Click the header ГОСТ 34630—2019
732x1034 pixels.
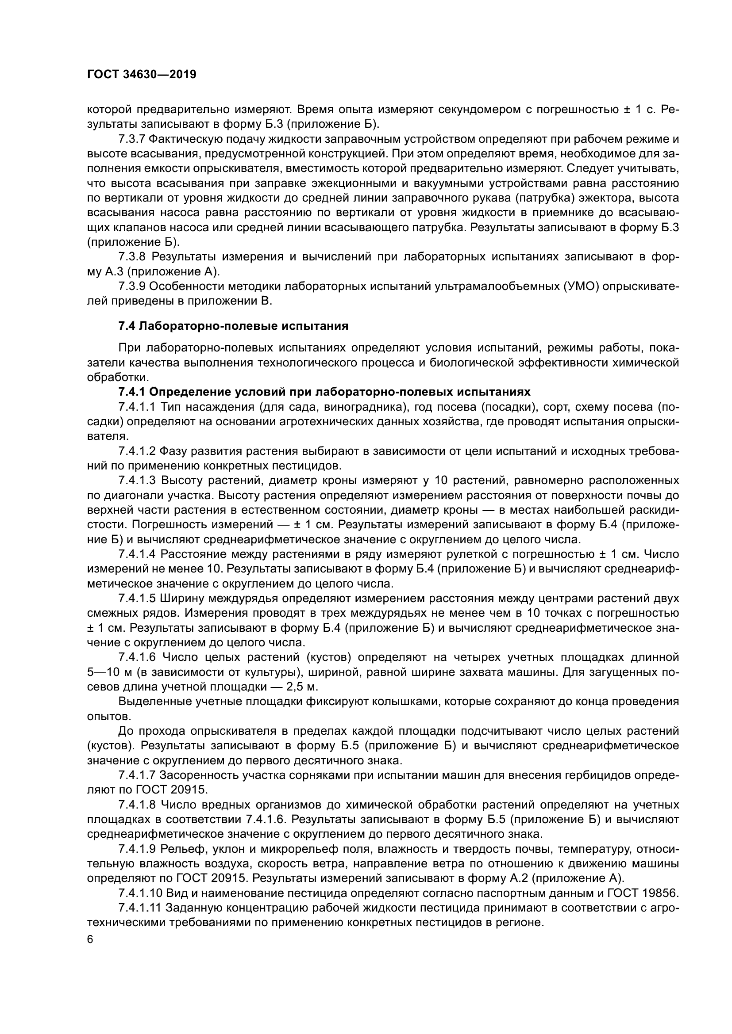[142, 75]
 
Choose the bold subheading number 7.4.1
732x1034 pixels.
[132, 392]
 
